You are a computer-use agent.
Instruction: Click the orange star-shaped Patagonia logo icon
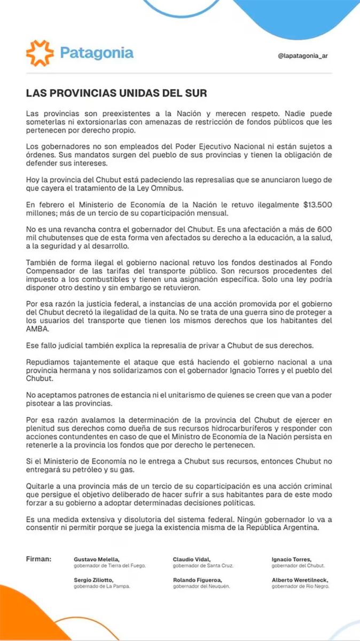pos(40,53)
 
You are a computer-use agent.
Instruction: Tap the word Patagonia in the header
pos(97,53)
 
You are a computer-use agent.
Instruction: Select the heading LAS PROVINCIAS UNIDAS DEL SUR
pos(116,93)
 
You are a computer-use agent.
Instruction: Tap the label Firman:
pos(39,559)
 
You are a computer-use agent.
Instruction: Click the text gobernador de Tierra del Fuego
pos(109,565)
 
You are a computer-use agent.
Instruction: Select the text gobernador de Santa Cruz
pos(203,565)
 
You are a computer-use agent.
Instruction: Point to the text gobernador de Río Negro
pos(300,586)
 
